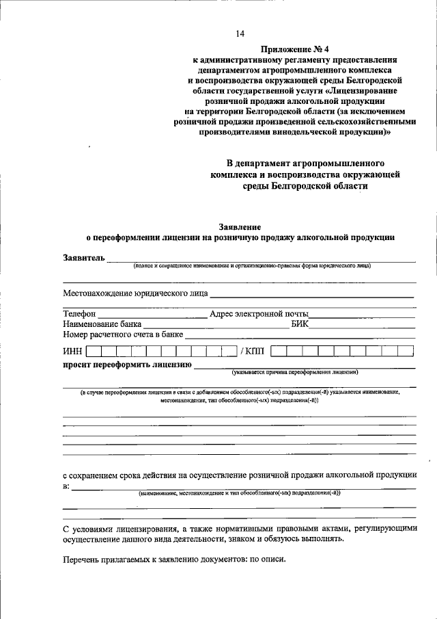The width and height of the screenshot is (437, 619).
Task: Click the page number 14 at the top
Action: click(x=240, y=34)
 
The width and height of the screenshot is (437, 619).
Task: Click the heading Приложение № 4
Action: click(x=290, y=50)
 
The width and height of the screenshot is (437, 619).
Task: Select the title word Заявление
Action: click(x=239, y=226)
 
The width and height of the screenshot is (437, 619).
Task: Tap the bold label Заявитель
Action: click(x=84, y=258)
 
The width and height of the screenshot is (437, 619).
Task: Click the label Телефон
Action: click(x=79, y=314)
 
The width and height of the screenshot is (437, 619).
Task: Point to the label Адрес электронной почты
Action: click(x=259, y=314)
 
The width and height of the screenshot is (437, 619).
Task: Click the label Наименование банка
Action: click(x=102, y=324)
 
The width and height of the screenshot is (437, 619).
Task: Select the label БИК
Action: click(x=300, y=324)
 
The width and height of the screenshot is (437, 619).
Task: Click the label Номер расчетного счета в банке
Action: click(x=124, y=335)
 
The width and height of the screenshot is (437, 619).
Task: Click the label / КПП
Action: click(x=252, y=351)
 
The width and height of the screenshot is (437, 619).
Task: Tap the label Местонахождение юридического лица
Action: click(x=135, y=293)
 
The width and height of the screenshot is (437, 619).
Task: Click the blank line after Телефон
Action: click(x=152, y=317)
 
